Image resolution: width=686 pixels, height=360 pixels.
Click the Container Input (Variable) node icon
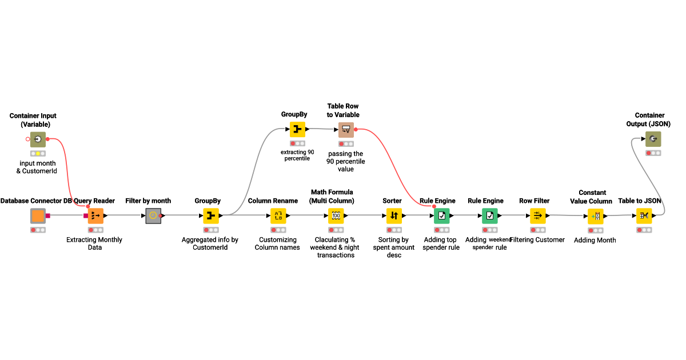38,139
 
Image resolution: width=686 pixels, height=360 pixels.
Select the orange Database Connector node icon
38,216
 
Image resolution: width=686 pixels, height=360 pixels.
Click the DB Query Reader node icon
95,216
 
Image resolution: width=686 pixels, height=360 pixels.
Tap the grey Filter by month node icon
153,216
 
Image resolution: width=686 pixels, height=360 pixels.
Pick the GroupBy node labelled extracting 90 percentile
297,130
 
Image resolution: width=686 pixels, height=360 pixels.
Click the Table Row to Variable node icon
346,130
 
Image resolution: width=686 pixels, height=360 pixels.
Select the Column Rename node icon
278,216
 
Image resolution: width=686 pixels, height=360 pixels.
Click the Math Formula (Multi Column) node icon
336,216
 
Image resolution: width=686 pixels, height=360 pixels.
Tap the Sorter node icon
394,216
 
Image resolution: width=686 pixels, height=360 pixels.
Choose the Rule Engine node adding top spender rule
441,216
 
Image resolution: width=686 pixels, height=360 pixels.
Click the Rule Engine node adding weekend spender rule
489,216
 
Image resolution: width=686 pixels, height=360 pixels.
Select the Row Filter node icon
538,216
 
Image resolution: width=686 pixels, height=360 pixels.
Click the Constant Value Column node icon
595,216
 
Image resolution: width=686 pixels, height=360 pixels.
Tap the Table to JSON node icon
644,216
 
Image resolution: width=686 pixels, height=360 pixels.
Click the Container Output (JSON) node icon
653,139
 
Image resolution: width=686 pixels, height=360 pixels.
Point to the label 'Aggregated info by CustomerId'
210,243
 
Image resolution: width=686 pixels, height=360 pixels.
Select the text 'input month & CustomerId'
37,167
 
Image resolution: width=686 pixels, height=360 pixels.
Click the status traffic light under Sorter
394,230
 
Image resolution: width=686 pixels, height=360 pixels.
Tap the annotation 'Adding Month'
595,240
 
